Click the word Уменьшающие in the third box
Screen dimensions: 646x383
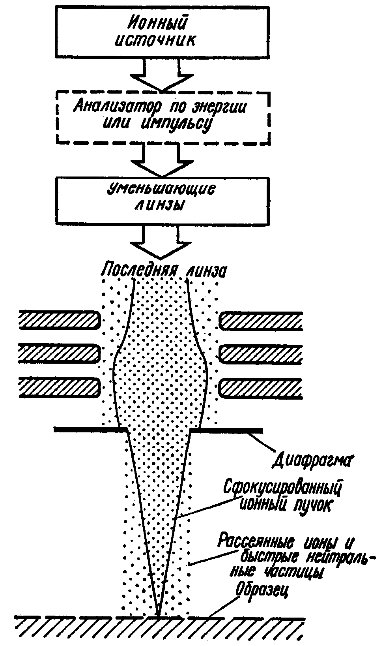coord(161,190)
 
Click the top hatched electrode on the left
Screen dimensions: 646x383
coord(59,320)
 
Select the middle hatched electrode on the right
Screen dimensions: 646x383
coord(260,354)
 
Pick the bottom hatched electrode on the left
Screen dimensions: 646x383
coord(59,387)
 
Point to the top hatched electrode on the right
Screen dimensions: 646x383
coord(260,321)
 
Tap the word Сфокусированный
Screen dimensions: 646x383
coord(282,488)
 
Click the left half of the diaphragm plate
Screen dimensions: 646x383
coord(91,429)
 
